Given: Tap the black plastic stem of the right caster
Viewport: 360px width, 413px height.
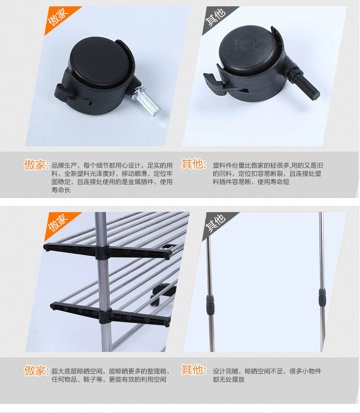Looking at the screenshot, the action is [306, 83].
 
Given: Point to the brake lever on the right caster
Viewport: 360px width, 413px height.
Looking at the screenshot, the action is [214, 83].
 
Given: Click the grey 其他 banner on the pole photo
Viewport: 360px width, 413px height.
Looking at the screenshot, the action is [216, 224].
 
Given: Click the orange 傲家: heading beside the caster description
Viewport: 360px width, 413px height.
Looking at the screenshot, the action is [36, 165].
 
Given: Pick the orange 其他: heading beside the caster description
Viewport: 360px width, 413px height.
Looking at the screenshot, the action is [194, 164].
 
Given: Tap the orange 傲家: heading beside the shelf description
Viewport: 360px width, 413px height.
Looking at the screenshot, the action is [36, 371].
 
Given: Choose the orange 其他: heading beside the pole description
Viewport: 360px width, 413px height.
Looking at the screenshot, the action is [194, 370].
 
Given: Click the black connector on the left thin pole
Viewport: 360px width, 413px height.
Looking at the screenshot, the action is [210, 305].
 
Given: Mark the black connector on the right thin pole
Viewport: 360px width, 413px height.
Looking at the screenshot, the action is [322, 297].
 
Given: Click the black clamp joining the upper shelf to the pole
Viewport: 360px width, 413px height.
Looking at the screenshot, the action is [102, 253].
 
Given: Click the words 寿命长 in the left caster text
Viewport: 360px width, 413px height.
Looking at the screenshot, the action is [61, 190].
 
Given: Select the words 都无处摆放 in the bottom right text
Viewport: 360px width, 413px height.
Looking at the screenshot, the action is [229, 380].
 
